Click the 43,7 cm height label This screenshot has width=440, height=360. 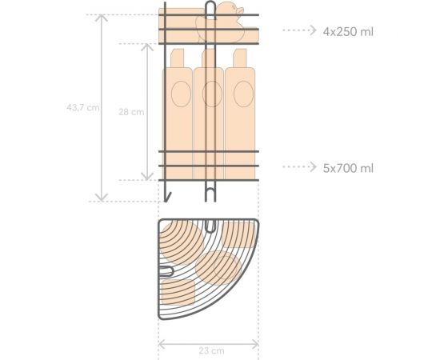82,107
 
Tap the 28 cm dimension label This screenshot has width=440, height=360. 131,112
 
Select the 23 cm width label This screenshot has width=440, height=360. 211,350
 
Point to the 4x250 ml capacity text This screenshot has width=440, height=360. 348,32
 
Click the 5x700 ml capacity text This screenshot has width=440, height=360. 348,168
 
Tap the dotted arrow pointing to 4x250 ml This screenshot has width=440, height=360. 299,30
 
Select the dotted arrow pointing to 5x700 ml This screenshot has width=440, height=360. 299,166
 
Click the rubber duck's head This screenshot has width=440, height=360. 230,9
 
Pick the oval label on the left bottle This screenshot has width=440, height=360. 181,94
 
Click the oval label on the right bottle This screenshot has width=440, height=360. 243,94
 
